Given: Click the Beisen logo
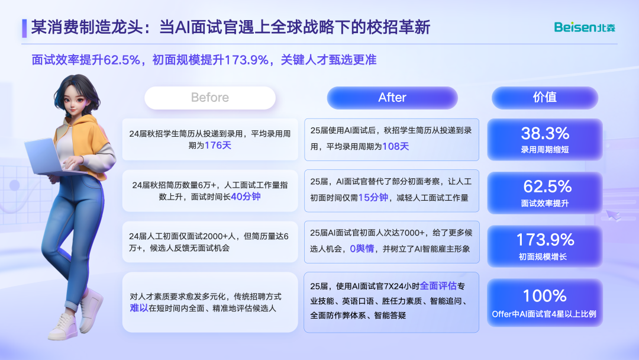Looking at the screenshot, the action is point(585,27).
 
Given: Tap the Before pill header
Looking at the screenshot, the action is point(210,98).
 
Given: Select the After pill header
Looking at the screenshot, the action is point(392,98).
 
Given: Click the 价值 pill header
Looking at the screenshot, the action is point(545,98).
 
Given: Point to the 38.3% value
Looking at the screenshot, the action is point(545,133).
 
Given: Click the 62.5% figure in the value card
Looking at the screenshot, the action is point(547,187).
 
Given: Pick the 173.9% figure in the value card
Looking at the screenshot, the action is point(546,240).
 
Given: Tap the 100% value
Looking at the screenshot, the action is point(545,295).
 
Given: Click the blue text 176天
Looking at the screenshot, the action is point(218,146).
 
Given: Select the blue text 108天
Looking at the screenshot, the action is point(395,146).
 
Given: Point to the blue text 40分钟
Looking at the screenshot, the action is point(246,197).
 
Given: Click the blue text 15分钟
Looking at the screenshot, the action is point(373,198).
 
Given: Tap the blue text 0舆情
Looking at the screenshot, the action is point(362,249).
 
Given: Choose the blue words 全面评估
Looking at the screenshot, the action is point(438,286).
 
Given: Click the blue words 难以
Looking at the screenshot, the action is point(139,308).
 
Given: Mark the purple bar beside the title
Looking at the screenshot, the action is point(24,28).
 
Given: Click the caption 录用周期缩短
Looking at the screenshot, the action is point(545,150).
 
